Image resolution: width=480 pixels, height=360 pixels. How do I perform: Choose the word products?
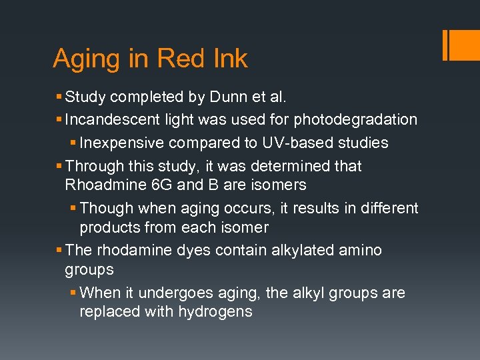(107, 227)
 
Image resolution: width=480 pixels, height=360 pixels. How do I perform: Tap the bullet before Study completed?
(59, 97)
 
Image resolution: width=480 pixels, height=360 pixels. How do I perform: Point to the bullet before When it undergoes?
(73, 293)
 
